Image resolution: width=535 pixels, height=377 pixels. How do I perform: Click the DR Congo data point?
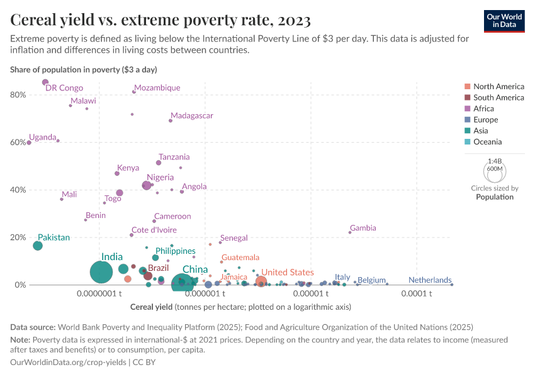click(x=45, y=82)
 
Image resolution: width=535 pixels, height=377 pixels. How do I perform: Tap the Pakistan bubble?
click(x=38, y=245)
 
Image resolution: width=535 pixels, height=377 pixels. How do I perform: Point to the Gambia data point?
click(x=350, y=232)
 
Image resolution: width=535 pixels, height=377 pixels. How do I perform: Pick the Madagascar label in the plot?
click(x=192, y=116)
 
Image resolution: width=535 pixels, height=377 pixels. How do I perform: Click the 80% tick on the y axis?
click(x=18, y=95)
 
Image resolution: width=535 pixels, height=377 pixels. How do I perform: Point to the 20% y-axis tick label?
click(x=18, y=238)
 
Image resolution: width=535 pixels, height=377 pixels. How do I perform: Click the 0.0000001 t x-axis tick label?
click(x=99, y=294)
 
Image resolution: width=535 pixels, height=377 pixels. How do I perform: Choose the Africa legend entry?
click(x=485, y=109)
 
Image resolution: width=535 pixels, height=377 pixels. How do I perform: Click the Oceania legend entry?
click(x=488, y=142)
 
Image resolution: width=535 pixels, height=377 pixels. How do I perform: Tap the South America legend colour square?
click(x=467, y=97)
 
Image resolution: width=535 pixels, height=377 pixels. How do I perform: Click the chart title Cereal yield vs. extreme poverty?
click(x=160, y=20)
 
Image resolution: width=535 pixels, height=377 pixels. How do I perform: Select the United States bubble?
click(x=261, y=281)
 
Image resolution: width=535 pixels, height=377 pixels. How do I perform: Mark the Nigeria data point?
click(x=147, y=185)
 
